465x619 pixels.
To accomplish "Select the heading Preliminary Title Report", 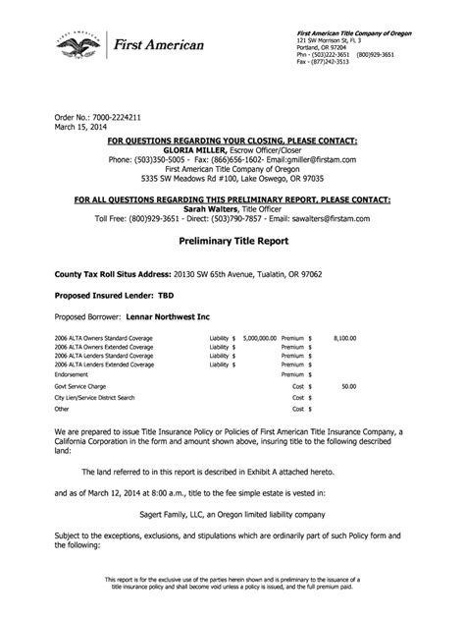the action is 232,239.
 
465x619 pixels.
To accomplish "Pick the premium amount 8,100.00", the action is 343,336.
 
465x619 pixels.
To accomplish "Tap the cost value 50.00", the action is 348,387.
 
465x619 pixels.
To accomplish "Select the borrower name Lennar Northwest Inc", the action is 167,317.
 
